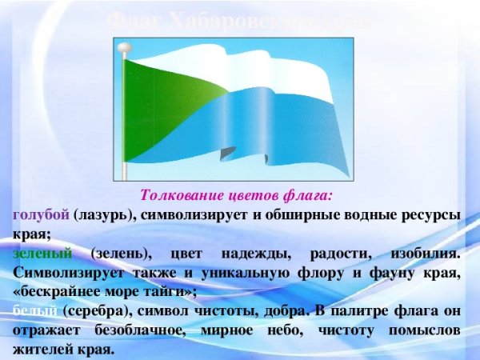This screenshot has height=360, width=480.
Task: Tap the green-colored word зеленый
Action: [42, 253]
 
